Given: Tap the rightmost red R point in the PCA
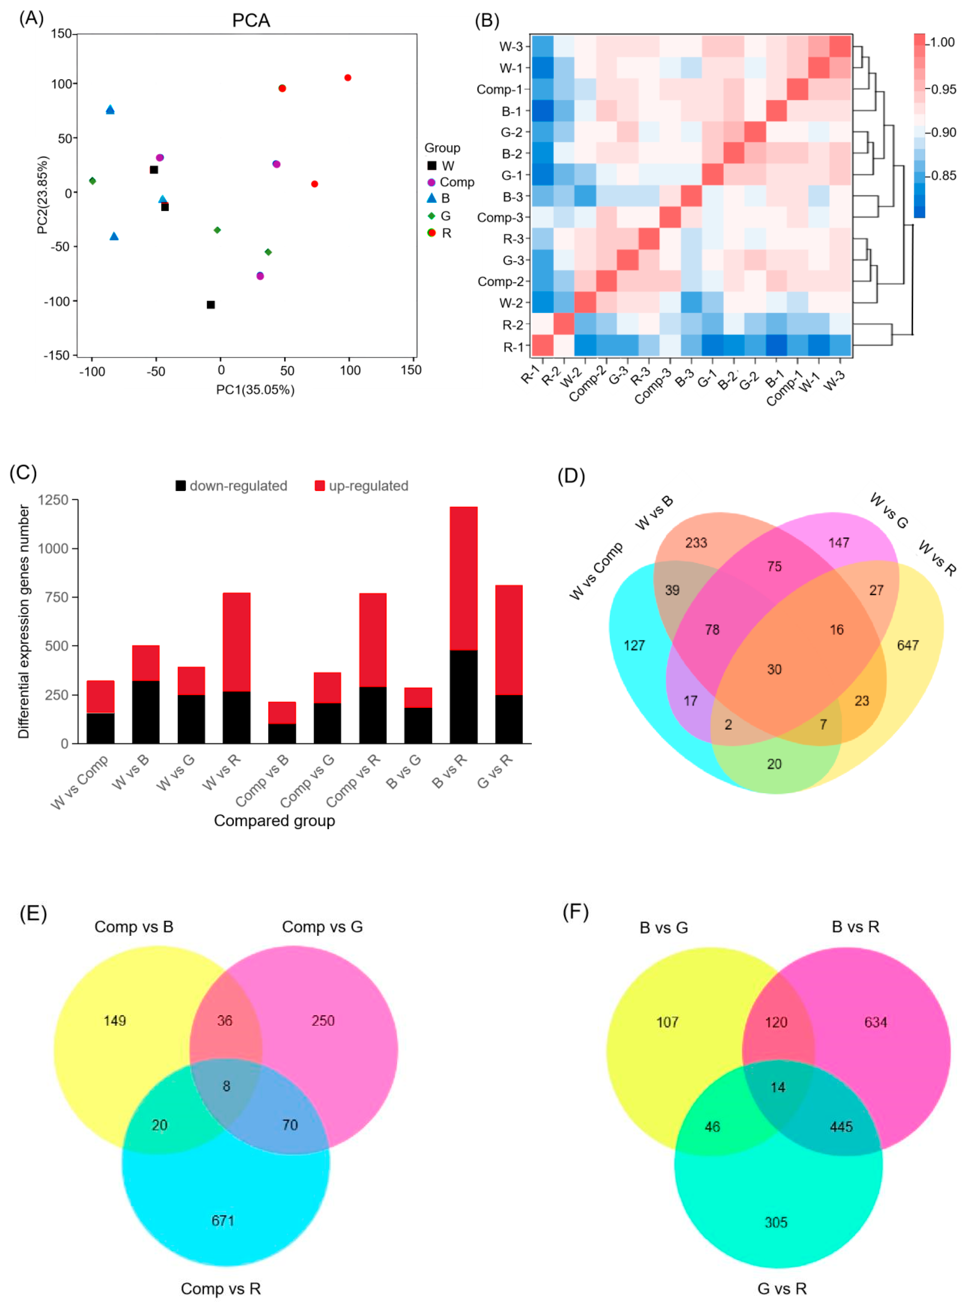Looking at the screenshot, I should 348,77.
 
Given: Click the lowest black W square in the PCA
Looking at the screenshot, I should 211,305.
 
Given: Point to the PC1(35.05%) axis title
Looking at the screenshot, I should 255,390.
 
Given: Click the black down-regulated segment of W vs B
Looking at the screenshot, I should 145,712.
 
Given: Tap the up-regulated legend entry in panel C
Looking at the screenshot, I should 368,486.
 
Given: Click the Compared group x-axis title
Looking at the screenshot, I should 274,821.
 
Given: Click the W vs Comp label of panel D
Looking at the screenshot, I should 596,571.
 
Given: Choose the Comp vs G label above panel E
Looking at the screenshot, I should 322,927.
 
